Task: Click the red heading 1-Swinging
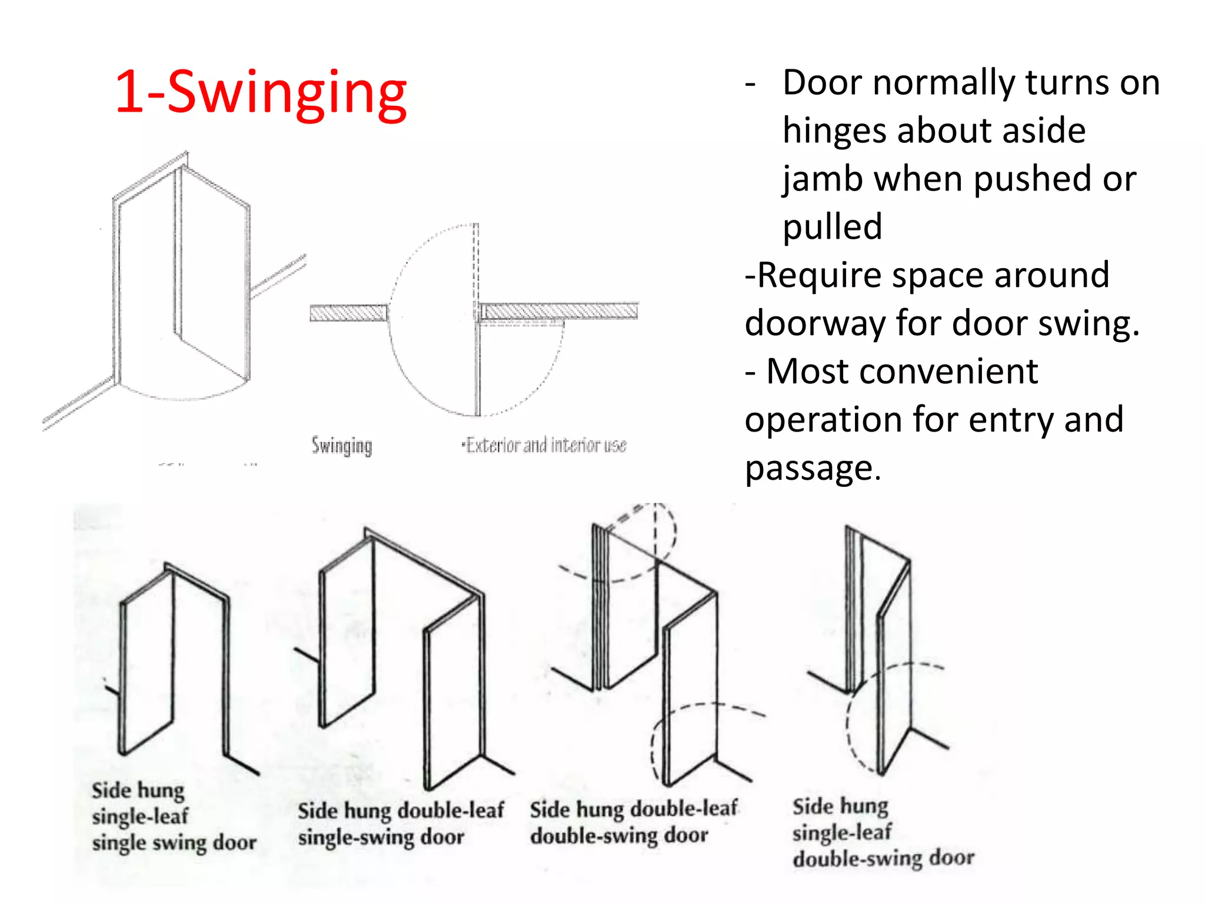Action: pos(261,93)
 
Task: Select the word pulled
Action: pos(832,227)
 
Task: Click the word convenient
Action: pos(903,372)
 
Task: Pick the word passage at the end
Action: pos(813,468)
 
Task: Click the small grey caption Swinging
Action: pos(342,446)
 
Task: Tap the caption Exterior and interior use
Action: pos(545,445)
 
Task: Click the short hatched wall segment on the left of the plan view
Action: pos(348,312)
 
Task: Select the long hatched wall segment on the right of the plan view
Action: pos(560,310)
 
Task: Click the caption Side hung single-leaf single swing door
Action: pos(174,817)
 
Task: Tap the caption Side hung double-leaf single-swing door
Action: pos(400,823)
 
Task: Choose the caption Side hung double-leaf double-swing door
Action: pos(633,822)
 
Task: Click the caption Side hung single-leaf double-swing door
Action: pos(883,832)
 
